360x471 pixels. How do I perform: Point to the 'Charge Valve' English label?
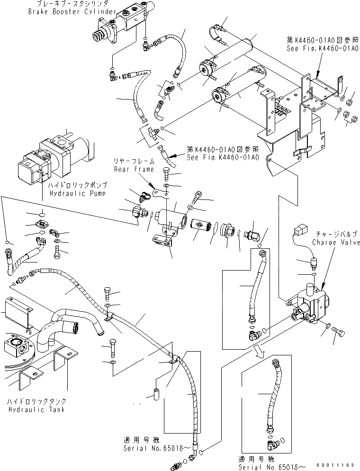click(336, 243)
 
